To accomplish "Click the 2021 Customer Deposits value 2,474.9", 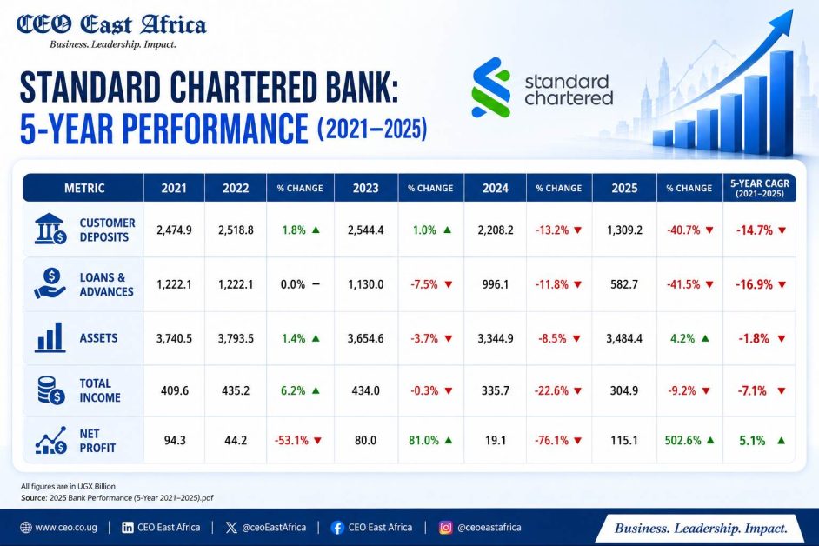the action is pyautogui.click(x=174, y=230).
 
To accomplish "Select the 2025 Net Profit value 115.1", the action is pyautogui.click(x=624, y=441).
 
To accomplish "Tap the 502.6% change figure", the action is pyautogui.click(x=682, y=441).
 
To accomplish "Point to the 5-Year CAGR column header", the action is pyautogui.click(x=760, y=188).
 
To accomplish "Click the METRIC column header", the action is pyautogui.click(x=84, y=188).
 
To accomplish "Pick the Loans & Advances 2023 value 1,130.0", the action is pyautogui.click(x=366, y=284).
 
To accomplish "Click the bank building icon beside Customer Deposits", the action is pyautogui.click(x=50, y=229).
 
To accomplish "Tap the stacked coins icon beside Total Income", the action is pyautogui.click(x=50, y=390).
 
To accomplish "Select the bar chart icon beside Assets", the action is pyautogui.click(x=50, y=337).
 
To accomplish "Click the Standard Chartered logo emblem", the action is pyautogui.click(x=490, y=88).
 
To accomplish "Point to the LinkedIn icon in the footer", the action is pyautogui.click(x=128, y=527).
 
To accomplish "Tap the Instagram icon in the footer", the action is pyautogui.click(x=445, y=527).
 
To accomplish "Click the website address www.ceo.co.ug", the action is pyautogui.click(x=66, y=527).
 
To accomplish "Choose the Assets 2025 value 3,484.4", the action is pyautogui.click(x=624, y=338).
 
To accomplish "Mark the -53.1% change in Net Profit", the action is pyautogui.click(x=292, y=441).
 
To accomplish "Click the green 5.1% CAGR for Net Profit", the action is pyautogui.click(x=752, y=441).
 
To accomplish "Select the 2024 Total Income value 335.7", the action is pyautogui.click(x=496, y=390).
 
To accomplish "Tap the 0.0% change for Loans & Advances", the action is pyautogui.click(x=293, y=284).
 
